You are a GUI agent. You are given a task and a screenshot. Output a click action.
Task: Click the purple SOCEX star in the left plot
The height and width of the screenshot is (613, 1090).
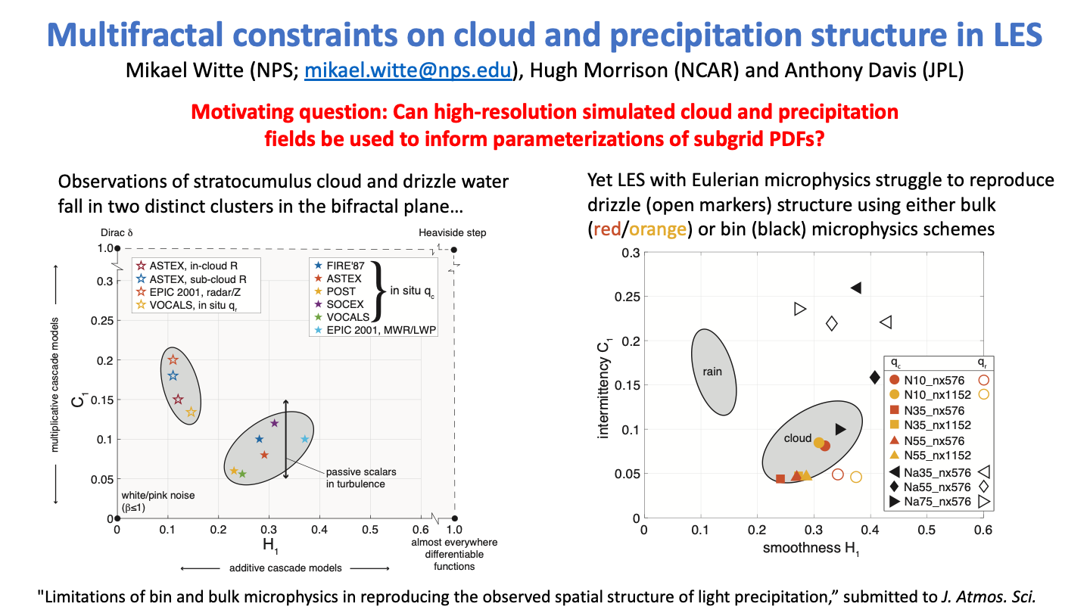coord(275,423)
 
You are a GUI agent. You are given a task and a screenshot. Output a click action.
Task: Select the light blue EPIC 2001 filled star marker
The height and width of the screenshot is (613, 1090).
coord(305,439)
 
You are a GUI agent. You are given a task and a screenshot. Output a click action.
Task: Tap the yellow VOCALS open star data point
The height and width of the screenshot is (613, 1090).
coord(192,412)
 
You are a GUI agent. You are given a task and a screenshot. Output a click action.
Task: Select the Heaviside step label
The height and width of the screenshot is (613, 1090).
coord(452,233)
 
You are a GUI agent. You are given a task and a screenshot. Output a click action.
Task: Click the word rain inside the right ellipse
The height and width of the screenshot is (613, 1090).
coord(712,372)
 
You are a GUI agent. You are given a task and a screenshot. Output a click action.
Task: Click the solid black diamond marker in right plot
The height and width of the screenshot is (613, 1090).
coord(874,378)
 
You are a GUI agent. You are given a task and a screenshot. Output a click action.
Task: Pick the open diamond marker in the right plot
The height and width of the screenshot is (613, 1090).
coord(831,324)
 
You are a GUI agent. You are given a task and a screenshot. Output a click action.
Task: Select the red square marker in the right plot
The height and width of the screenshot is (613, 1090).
coord(780,479)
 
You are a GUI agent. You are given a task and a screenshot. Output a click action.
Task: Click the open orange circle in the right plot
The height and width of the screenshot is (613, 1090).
coord(856,477)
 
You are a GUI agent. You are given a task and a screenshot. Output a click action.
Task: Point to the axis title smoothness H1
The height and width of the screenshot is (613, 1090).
coord(812,549)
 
